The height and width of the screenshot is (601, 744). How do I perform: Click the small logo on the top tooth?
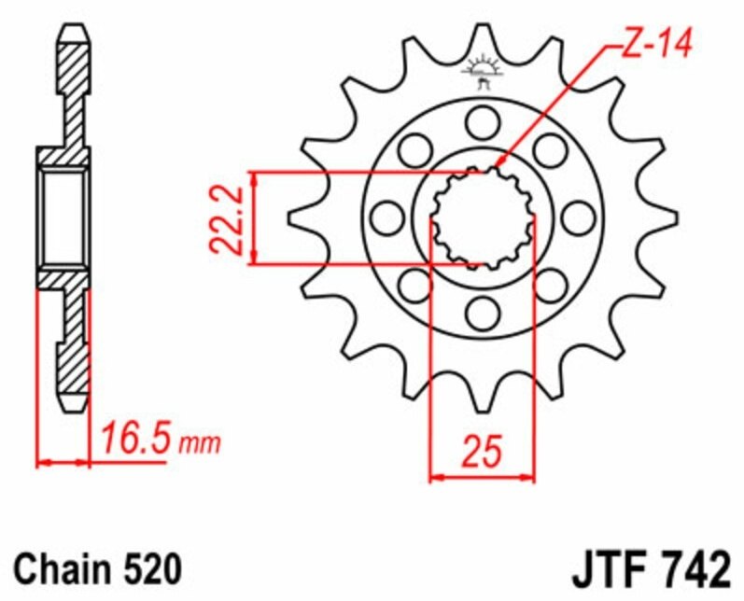tap(483, 72)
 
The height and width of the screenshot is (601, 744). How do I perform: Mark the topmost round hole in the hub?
tap(483, 121)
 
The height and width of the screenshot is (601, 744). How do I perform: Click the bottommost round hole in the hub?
tap(483, 314)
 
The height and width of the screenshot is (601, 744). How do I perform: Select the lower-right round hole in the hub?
tap(551, 286)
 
